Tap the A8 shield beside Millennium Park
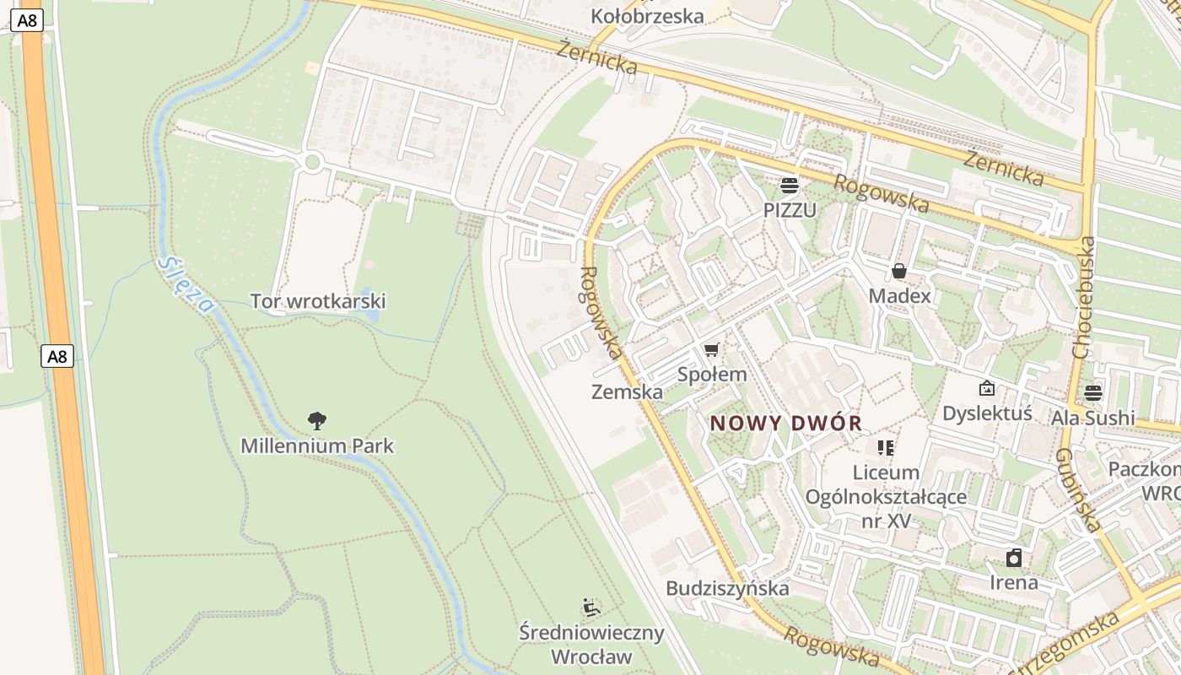click(57, 356)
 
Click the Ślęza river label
click(186, 284)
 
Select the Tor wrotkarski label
click(318, 301)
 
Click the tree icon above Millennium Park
click(317, 420)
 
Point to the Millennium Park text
click(317, 445)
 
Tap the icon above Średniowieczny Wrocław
click(591, 607)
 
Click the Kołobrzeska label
click(647, 16)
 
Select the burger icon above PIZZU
click(790, 185)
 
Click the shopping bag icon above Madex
click(899, 271)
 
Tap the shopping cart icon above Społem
click(712, 349)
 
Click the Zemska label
click(627, 391)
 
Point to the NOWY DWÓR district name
click(785, 424)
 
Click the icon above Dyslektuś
click(986, 388)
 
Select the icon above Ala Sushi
click(1093, 392)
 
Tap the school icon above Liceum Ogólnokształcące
click(885, 447)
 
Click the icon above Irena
click(1014, 558)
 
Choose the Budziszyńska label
click(727, 588)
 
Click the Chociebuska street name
click(1086, 297)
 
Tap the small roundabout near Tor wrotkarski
click(313, 162)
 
